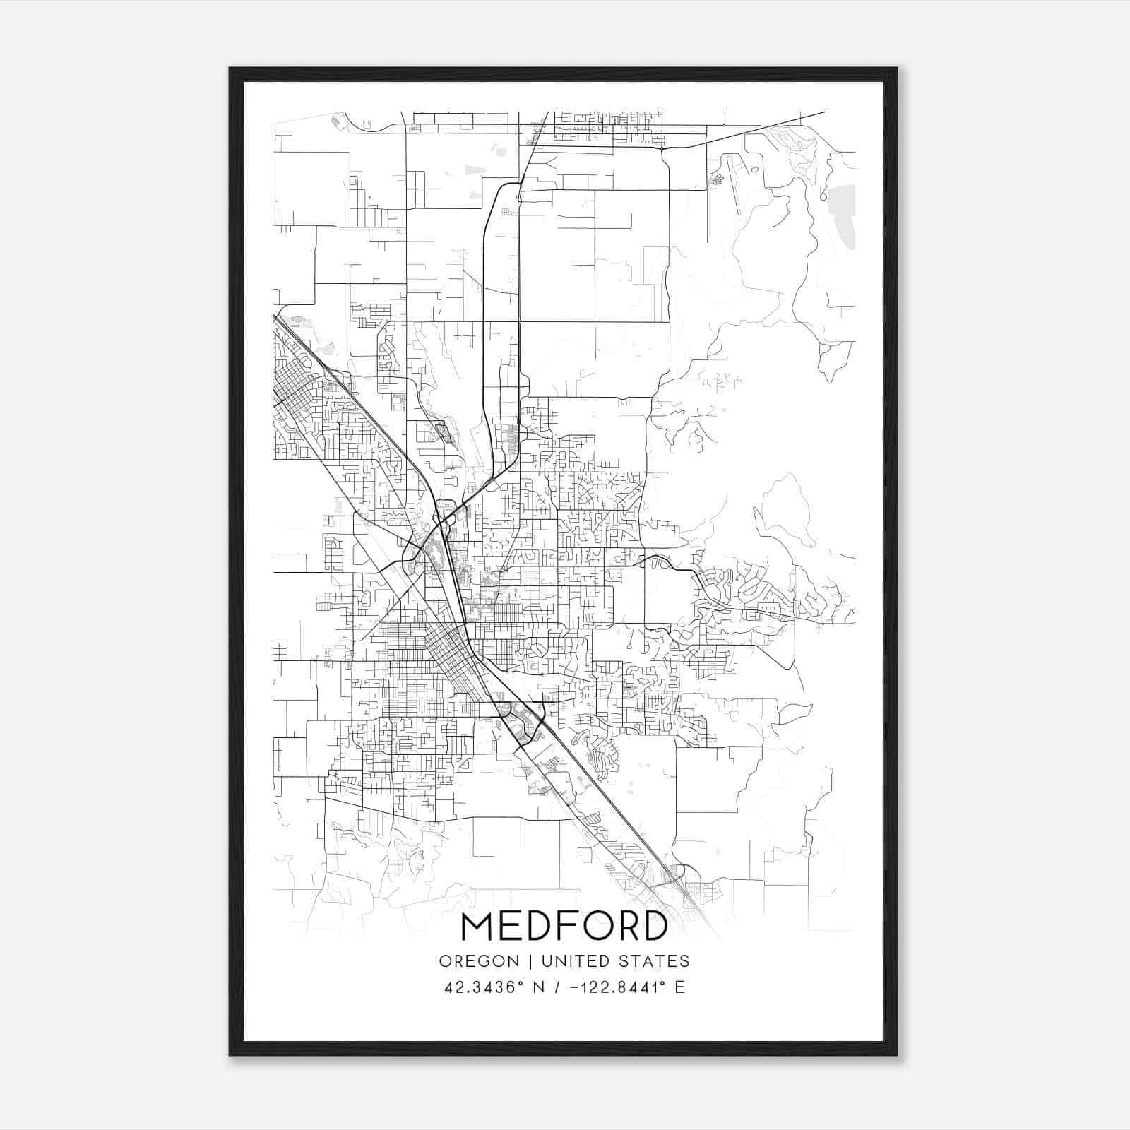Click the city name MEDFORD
tap(564, 927)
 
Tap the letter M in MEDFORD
tap(479, 927)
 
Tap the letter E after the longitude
tap(679, 987)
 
